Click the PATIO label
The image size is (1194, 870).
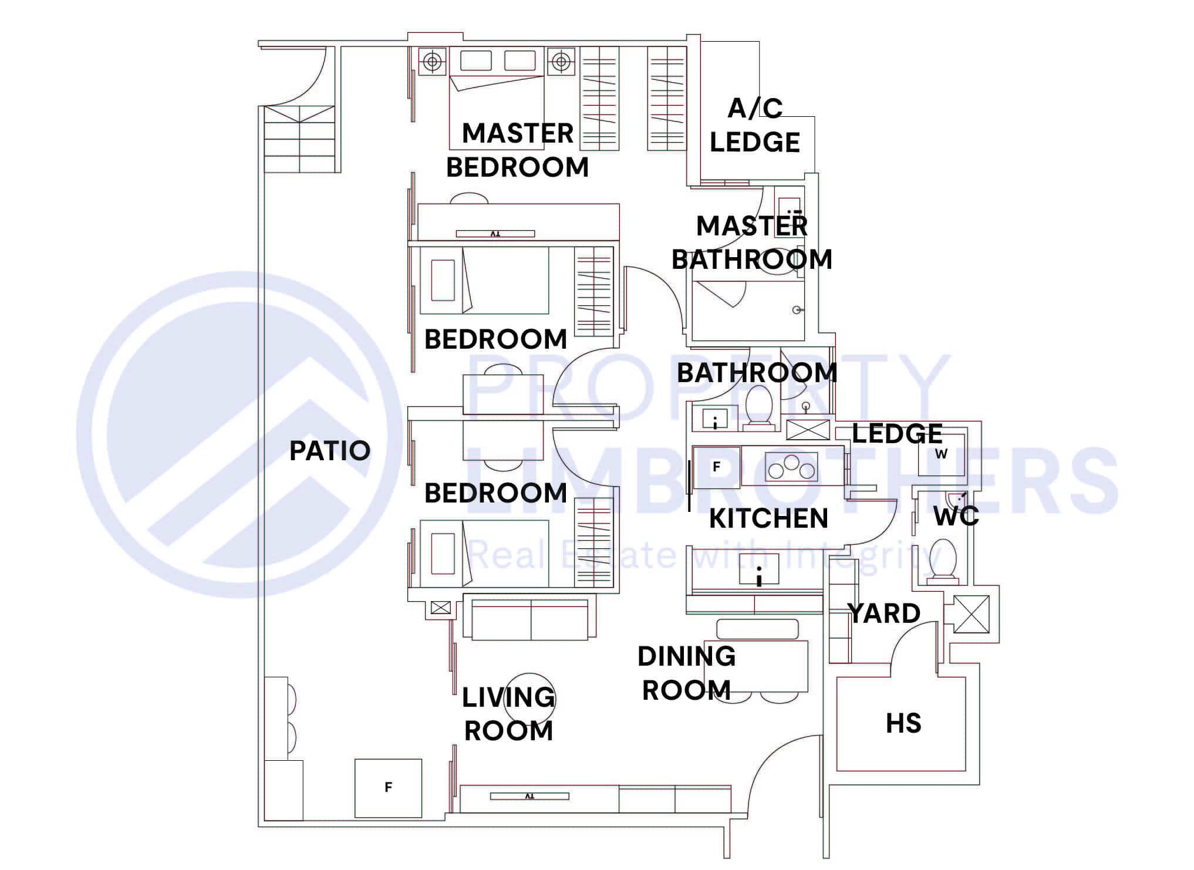330,451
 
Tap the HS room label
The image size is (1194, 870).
903,723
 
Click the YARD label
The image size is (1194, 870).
884,614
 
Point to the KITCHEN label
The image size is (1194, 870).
768,518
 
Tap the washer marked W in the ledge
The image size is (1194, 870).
941,454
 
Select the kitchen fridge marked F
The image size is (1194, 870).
716,467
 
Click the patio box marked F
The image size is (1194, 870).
388,788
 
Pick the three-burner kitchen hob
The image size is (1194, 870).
791,467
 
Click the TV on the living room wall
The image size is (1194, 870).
529,797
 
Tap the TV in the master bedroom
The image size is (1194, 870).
495,234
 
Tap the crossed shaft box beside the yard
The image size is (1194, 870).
970,614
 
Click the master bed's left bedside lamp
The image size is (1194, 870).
432,61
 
